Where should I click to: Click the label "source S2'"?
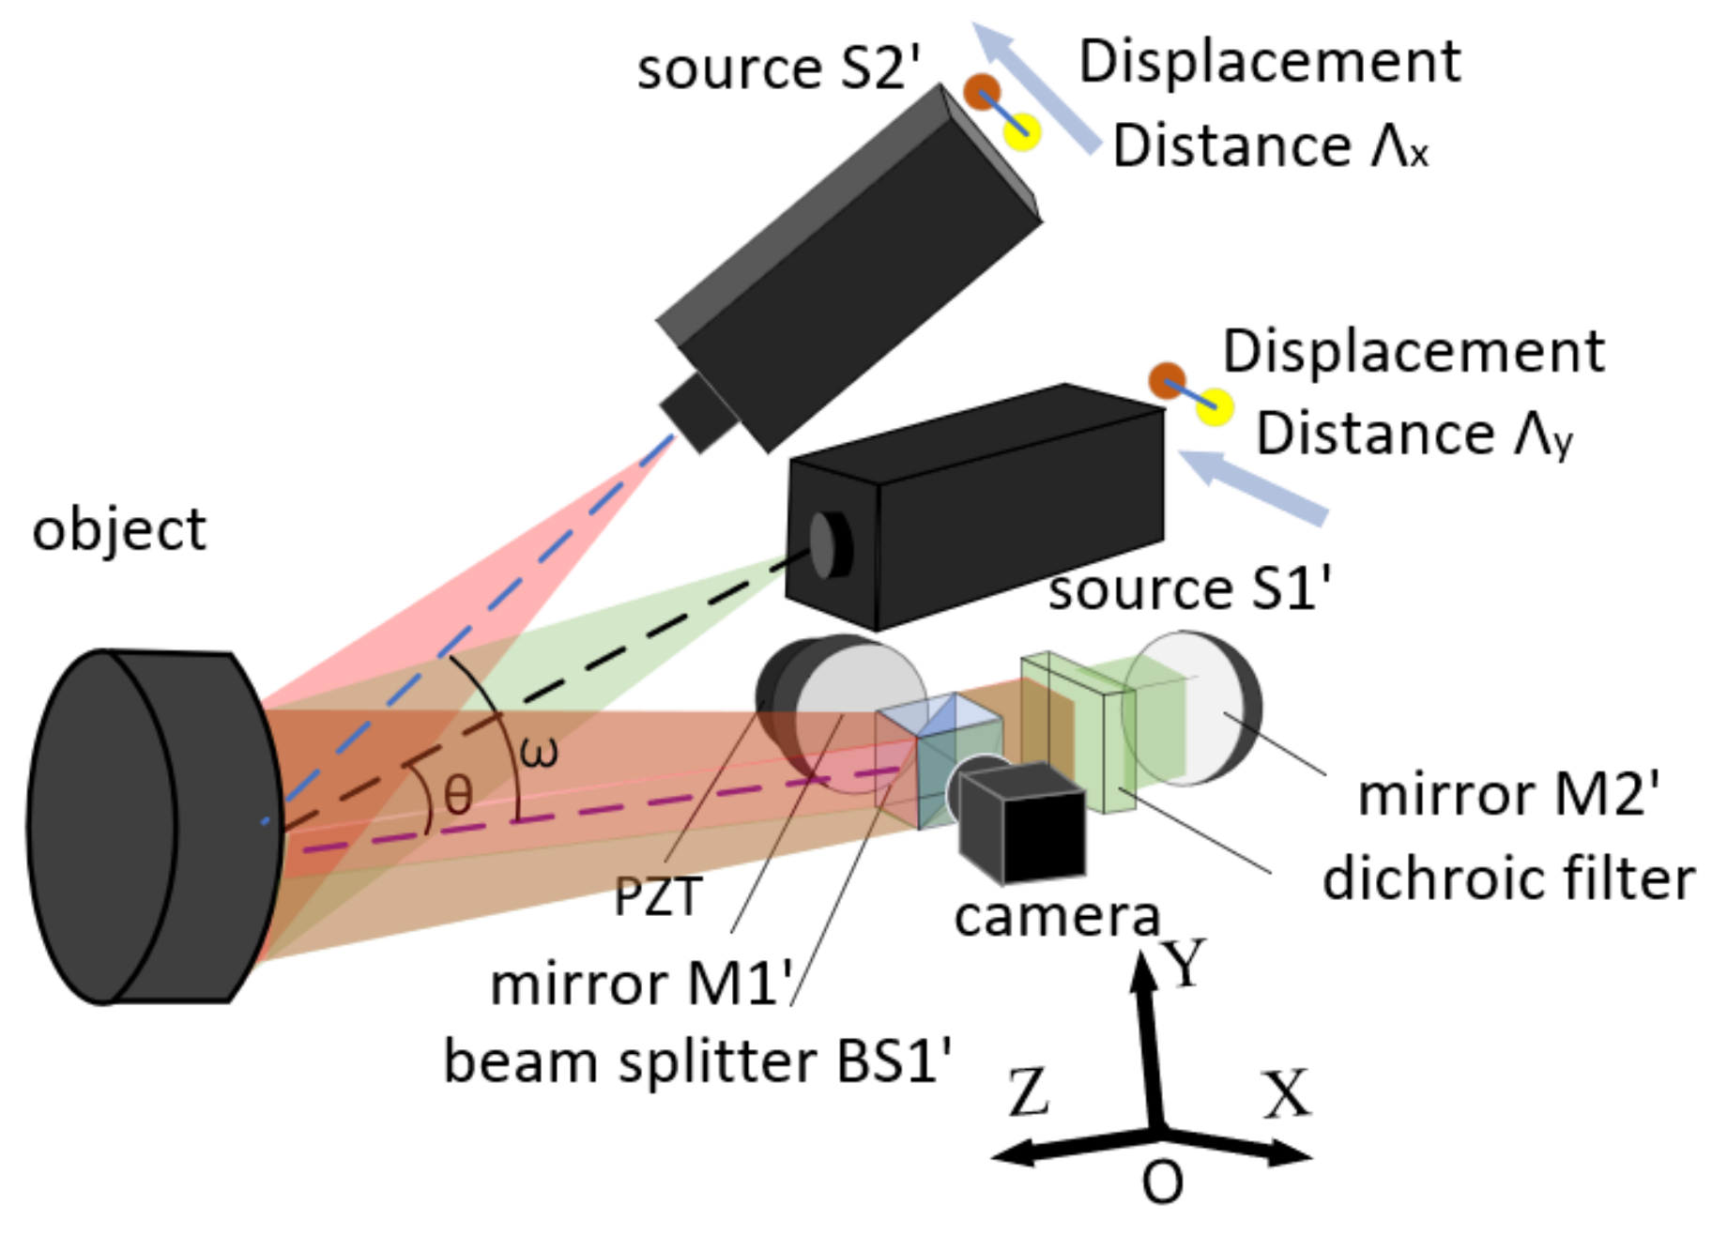[x=778, y=69]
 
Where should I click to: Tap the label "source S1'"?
[x=1188, y=589]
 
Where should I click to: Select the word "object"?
[x=118, y=530]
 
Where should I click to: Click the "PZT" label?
[x=657, y=895]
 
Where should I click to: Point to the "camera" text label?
[x=1057, y=916]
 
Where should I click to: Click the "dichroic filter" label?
[x=1508, y=879]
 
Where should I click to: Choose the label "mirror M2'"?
[x=1508, y=794]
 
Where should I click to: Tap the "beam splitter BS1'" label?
[x=697, y=1061]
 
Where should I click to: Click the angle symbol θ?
[x=458, y=796]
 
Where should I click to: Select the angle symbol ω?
[x=539, y=751]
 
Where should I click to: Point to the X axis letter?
[x=1286, y=1093]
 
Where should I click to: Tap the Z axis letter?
[x=1029, y=1092]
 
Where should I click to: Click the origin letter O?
[x=1162, y=1182]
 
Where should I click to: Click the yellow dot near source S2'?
[x=1023, y=131]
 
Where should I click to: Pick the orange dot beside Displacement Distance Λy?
[x=1167, y=380]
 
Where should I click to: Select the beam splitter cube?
[x=939, y=760]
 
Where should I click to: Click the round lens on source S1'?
[x=826, y=544]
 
